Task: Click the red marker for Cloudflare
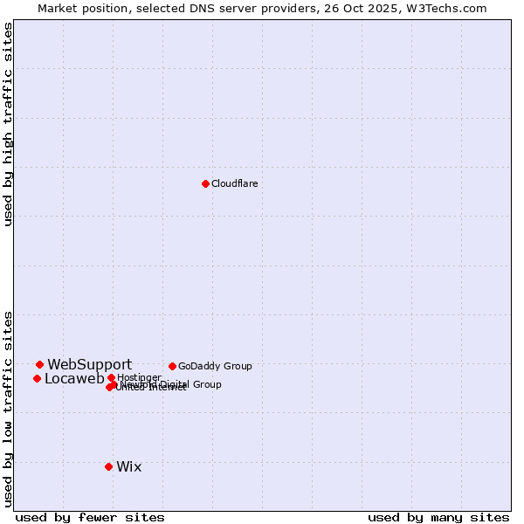(x=205, y=183)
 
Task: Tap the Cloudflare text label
(x=234, y=183)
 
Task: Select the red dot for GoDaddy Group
(x=172, y=366)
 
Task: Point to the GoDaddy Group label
(x=215, y=366)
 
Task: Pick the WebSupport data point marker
(x=39, y=364)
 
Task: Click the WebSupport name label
(x=89, y=364)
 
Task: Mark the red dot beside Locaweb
(x=37, y=378)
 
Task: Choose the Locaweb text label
(x=74, y=378)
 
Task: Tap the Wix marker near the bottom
(x=108, y=466)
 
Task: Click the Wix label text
(x=128, y=466)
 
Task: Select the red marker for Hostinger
(x=111, y=377)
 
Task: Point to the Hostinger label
(x=139, y=377)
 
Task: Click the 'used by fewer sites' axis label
(x=90, y=517)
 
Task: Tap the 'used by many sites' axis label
(x=438, y=517)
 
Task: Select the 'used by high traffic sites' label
(x=8, y=124)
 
